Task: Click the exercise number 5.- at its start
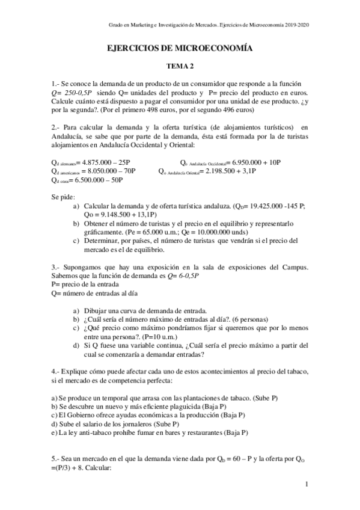[x=58, y=459]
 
